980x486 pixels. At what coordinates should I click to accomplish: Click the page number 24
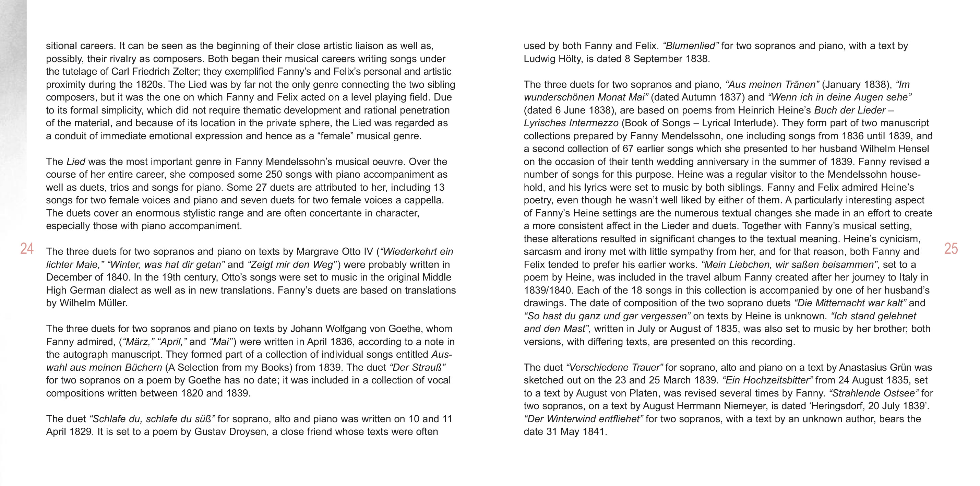coord(27,249)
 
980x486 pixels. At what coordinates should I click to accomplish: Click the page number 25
coord(951,249)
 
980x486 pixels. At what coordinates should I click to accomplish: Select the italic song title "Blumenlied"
coord(690,46)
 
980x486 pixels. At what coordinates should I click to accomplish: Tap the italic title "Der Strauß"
coord(417,367)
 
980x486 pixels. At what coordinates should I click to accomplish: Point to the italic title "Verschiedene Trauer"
coord(614,367)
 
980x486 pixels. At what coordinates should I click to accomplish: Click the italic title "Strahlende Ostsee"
coord(873,393)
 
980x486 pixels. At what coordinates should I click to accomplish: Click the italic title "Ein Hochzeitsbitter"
coord(767,380)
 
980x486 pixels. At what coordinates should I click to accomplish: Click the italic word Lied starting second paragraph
coord(76,162)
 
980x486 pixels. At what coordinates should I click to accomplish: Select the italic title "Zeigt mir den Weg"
coord(292,264)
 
